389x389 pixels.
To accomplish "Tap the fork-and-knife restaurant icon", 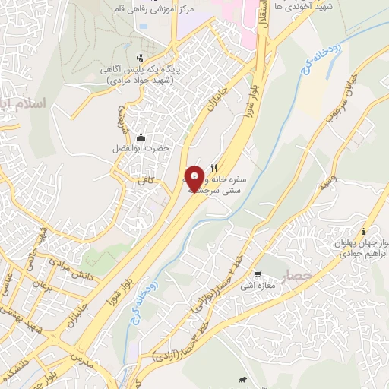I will (x=215, y=167).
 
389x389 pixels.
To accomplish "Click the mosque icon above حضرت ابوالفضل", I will (x=141, y=138).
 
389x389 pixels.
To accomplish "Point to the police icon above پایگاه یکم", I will (x=138, y=59).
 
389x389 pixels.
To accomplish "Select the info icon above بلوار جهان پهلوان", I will (x=364, y=231).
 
